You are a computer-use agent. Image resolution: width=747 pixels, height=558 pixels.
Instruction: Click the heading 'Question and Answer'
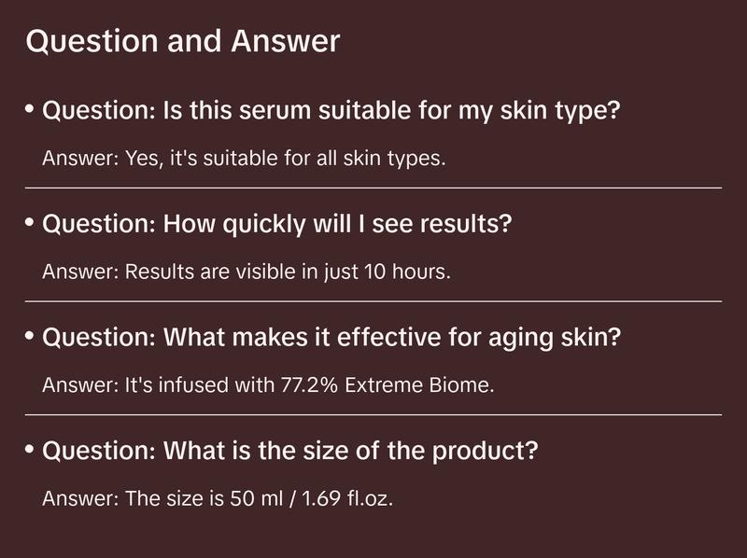tap(182, 42)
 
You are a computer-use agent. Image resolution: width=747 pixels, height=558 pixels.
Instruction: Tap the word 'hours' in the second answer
tap(417, 272)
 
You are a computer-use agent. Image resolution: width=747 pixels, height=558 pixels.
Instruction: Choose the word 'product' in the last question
tap(491, 453)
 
